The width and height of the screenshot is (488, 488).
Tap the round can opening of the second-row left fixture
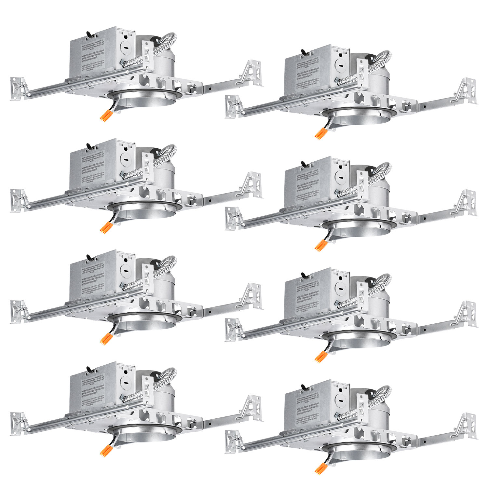point(145,213)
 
